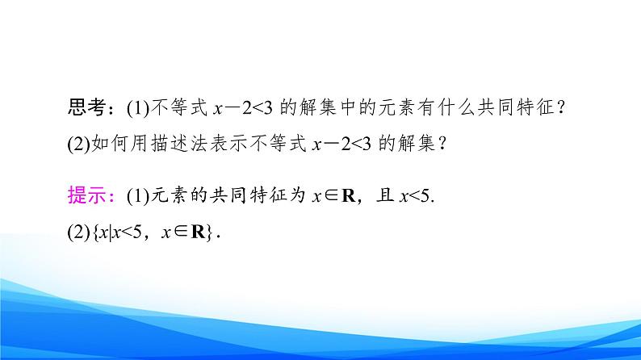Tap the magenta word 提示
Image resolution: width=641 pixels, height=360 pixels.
(x=85, y=195)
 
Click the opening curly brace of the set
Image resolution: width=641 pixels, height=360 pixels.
(x=94, y=232)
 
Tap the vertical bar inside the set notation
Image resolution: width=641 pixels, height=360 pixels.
(x=109, y=232)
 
